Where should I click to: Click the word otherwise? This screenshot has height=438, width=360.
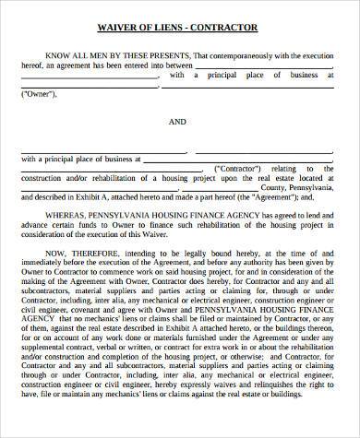tap(243, 382)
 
